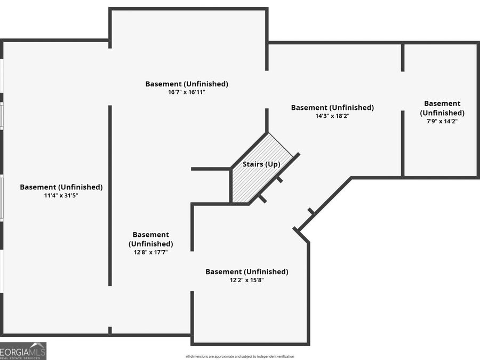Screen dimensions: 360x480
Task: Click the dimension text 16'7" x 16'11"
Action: (187, 92)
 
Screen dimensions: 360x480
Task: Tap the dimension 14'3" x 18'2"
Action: (332, 116)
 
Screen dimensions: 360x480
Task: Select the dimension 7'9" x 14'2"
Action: (442, 121)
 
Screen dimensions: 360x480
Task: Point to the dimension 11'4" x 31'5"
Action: (61, 196)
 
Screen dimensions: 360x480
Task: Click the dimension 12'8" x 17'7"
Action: (151, 252)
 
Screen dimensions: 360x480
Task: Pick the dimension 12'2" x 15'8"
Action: (247, 280)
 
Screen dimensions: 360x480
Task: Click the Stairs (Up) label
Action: (261, 164)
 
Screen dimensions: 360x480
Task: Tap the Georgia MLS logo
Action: (23, 351)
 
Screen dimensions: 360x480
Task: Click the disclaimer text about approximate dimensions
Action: (240, 356)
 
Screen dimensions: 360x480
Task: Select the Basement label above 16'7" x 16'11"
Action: (187, 84)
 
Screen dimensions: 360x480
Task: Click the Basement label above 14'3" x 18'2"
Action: (332, 108)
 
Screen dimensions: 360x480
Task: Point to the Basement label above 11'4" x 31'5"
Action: (61, 187)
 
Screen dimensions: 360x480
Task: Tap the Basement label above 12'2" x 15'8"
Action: (247, 272)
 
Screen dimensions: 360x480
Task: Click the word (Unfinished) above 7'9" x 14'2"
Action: (442, 113)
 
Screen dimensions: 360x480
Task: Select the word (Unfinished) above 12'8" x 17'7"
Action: (151, 244)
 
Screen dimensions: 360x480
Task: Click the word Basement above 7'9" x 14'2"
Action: (442, 103)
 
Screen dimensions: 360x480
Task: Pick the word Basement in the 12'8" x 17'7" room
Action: (151, 235)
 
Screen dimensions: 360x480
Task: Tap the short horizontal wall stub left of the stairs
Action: (210, 169)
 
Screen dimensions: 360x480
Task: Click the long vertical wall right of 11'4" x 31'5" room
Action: (110, 195)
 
